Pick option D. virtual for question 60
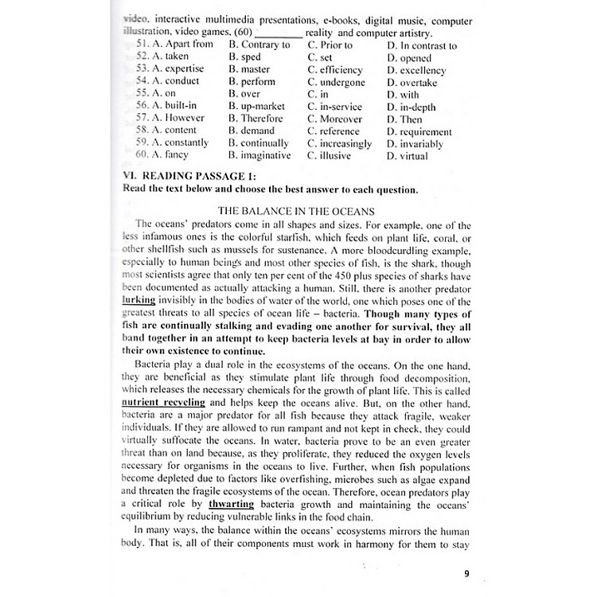pos(407,156)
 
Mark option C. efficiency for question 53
pos(334,69)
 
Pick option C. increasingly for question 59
pos(339,143)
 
